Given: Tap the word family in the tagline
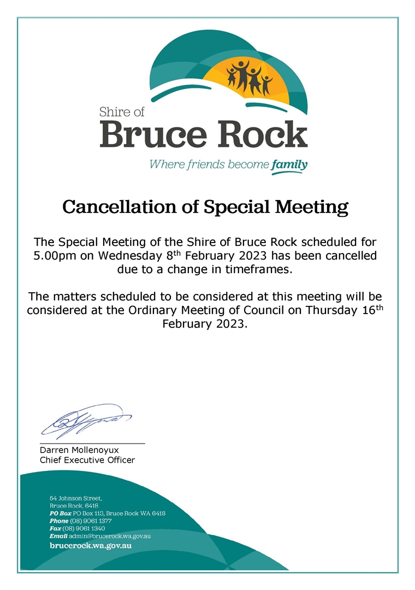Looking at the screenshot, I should click(289, 164).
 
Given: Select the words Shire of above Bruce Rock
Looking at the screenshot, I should click(122, 113).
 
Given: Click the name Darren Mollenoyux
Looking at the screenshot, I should click(79, 450).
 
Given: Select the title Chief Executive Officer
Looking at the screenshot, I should click(87, 460).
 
